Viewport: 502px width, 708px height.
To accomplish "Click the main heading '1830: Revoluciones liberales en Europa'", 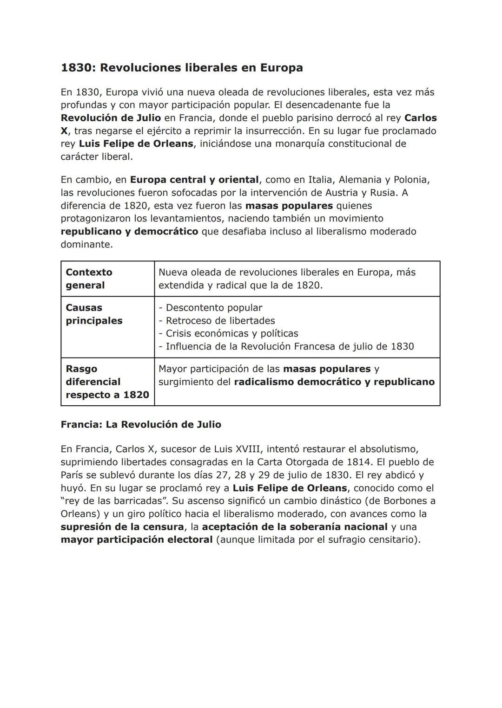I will (x=182, y=68).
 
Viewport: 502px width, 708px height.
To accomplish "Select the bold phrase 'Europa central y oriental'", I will (x=194, y=180).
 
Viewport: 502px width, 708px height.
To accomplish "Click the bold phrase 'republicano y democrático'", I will (x=129, y=231).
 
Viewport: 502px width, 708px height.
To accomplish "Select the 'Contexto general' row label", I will (x=89, y=279).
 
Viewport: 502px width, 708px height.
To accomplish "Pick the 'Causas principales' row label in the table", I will (x=94, y=314).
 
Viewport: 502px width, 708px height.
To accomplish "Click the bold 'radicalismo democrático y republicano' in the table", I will (x=334, y=382).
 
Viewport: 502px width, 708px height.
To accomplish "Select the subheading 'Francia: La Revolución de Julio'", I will (x=141, y=425).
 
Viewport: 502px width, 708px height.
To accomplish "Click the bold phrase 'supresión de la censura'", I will (x=122, y=527).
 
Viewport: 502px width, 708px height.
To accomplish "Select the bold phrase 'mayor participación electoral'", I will (x=137, y=540).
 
